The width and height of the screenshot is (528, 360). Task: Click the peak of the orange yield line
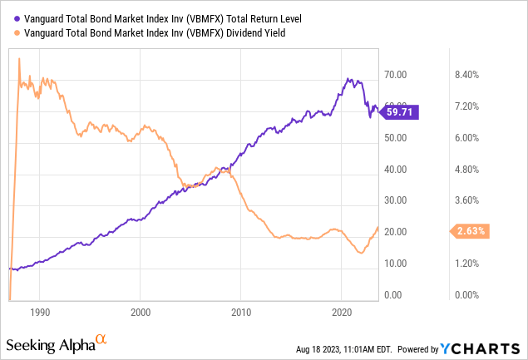(19, 58)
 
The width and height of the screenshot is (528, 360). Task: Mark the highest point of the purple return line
(348, 79)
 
